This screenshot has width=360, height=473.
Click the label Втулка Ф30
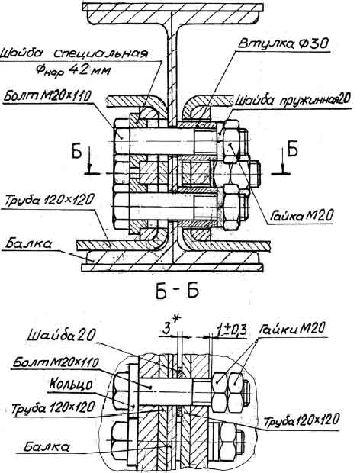[282, 44]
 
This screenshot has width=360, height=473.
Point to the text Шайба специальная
[74, 54]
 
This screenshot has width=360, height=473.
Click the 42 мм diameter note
[73, 71]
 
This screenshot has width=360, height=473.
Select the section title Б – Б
[177, 291]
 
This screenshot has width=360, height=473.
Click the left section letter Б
[76, 152]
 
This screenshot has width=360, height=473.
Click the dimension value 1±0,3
[231, 330]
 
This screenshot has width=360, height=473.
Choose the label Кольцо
[71, 385]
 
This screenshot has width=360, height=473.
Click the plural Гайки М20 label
[292, 328]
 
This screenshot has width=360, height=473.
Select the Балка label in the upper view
[28, 243]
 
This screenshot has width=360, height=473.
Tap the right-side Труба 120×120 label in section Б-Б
[301, 420]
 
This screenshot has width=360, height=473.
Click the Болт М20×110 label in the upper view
[47, 97]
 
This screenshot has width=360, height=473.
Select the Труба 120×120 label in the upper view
[49, 200]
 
